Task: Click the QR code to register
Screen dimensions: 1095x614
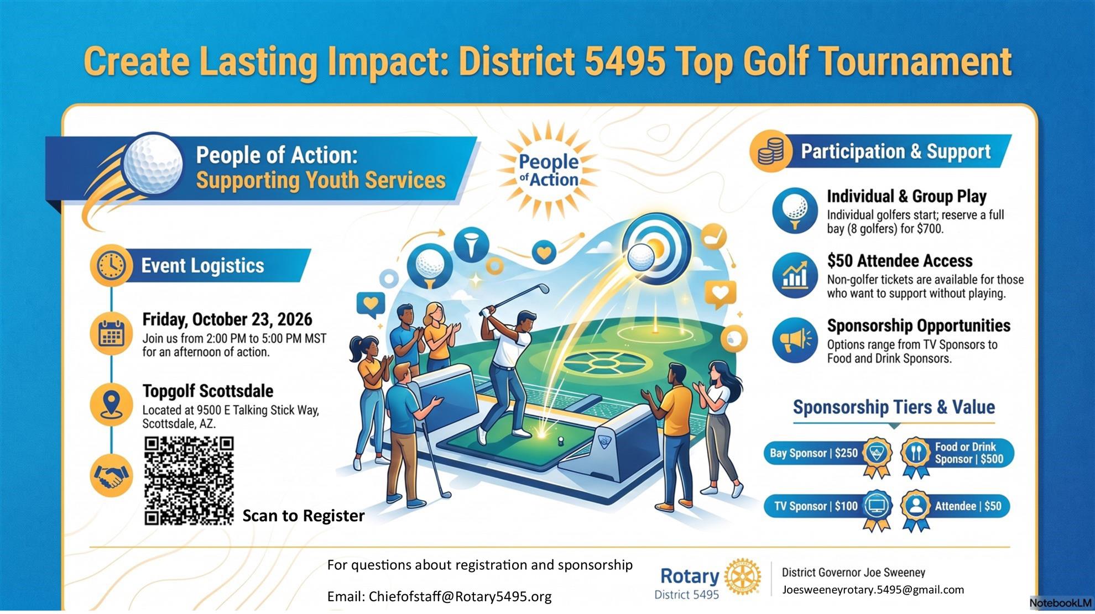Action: pyautogui.click(x=189, y=481)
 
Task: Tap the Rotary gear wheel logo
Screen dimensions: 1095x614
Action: pyautogui.click(x=742, y=576)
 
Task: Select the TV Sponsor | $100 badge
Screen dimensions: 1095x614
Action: pyautogui.click(x=828, y=507)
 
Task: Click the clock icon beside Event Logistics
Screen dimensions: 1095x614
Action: pyautogui.click(x=111, y=266)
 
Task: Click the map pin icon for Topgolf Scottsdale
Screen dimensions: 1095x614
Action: pyautogui.click(x=111, y=405)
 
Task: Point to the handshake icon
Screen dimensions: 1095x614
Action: pyautogui.click(x=111, y=476)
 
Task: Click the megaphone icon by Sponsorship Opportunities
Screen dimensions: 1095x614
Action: pyautogui.click(x=795, y=340)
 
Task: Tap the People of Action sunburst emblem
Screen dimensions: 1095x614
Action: pyautogui.click(x=548, y=170)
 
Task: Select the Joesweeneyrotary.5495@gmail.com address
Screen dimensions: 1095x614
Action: pyautogui.click(x=873, y=590)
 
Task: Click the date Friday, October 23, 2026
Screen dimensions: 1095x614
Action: pyautogui.click(x=227, y=319)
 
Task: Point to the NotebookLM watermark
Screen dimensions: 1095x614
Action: pyautogui.click(x=1061, y=603)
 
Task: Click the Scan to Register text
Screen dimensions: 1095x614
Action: pyautogui.click(x=304, y=516)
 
